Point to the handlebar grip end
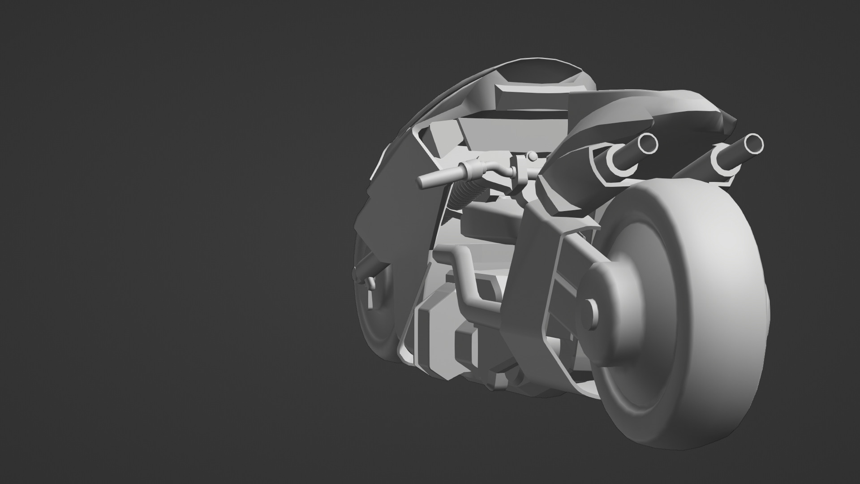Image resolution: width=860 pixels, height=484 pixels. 421,182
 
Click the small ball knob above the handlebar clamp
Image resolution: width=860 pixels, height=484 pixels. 532,156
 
